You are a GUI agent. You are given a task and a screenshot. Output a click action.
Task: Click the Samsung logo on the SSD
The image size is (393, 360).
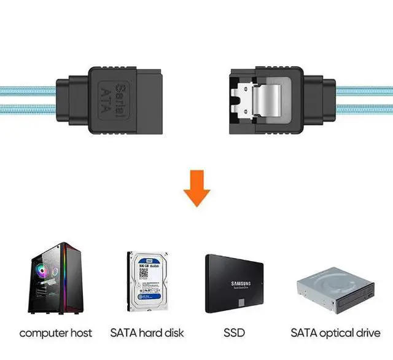coord(240,284)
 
